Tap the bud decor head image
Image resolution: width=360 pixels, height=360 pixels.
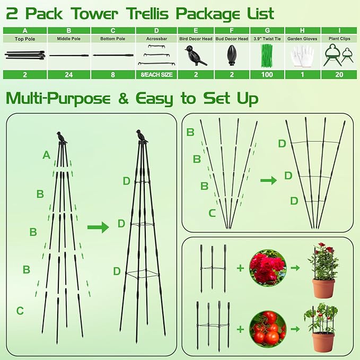231,55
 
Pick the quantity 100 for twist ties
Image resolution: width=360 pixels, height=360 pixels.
267,74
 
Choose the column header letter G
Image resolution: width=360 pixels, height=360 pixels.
267,31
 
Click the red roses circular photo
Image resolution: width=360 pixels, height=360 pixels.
268,268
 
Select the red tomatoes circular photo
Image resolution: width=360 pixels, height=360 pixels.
268,329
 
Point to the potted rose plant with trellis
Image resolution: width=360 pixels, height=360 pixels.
323,270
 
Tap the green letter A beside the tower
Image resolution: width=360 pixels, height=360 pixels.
47,155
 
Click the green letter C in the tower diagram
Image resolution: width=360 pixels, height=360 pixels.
20,311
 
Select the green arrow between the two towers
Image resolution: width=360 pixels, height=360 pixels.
98,227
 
